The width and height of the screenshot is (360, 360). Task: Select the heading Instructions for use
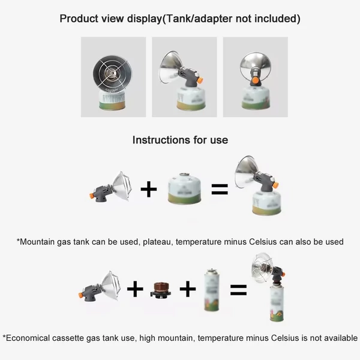[180, 140]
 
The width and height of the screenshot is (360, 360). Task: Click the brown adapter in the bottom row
[161, 290]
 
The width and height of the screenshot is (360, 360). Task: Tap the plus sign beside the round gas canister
[149, 190]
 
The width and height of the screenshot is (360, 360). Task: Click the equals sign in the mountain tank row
[220, 189]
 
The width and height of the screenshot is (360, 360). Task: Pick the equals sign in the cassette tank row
[239, 290]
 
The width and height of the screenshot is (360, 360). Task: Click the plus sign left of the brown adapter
[135, 289]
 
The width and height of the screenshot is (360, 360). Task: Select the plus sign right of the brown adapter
[188, 289]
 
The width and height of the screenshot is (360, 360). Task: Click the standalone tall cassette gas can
[212, 290]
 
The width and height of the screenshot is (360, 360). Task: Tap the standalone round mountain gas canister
[184, 188]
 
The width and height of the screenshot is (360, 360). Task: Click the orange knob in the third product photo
[255, 80]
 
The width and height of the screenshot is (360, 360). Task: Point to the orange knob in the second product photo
[200, 80]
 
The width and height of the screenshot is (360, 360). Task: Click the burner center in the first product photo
[112, 73]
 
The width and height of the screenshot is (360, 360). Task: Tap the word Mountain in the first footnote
[37, 242]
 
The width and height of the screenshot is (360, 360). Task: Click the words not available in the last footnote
[334, 338]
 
